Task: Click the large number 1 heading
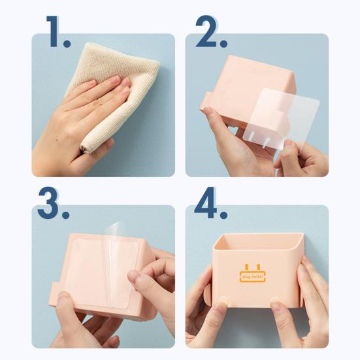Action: click(x=54, y=31)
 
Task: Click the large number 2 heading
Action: click(x=206, y=31)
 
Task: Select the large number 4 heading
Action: click(x=206, y=203)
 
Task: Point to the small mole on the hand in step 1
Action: click(x=56, y=139)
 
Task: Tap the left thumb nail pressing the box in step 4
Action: click(x=222, y=300)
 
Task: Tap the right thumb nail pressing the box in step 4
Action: click(x=275, y=301)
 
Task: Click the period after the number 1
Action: click(x=67, y=43)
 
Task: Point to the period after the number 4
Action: click(x=223, y=214)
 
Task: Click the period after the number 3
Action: click(x=65, y=215)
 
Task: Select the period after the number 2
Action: click(x=223, y=43)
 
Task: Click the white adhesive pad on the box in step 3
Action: click(x=102, y=273)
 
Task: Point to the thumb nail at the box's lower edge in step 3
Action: click(x=63, y=296)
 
